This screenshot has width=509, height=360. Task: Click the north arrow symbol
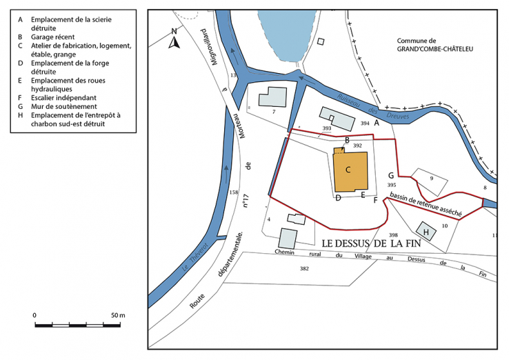click(x=175, y=39)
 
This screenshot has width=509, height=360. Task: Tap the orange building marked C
click(x=350, y=172)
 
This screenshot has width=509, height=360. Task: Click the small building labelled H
click(x=426, y=232)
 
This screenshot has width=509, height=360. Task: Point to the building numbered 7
click(x=272, y=99)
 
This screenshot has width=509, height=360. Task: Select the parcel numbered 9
click(x=431, y=179)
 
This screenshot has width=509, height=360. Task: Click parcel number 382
click(x=304, y=268)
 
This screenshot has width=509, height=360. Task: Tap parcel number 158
click(x=232, y=192)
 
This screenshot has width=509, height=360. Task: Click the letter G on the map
click(x=391, y=175)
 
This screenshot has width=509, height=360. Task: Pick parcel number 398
click(x=394, y=235)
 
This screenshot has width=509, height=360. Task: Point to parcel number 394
click(x=365, y=123)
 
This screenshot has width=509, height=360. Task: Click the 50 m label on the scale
click(x=117, y=316)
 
